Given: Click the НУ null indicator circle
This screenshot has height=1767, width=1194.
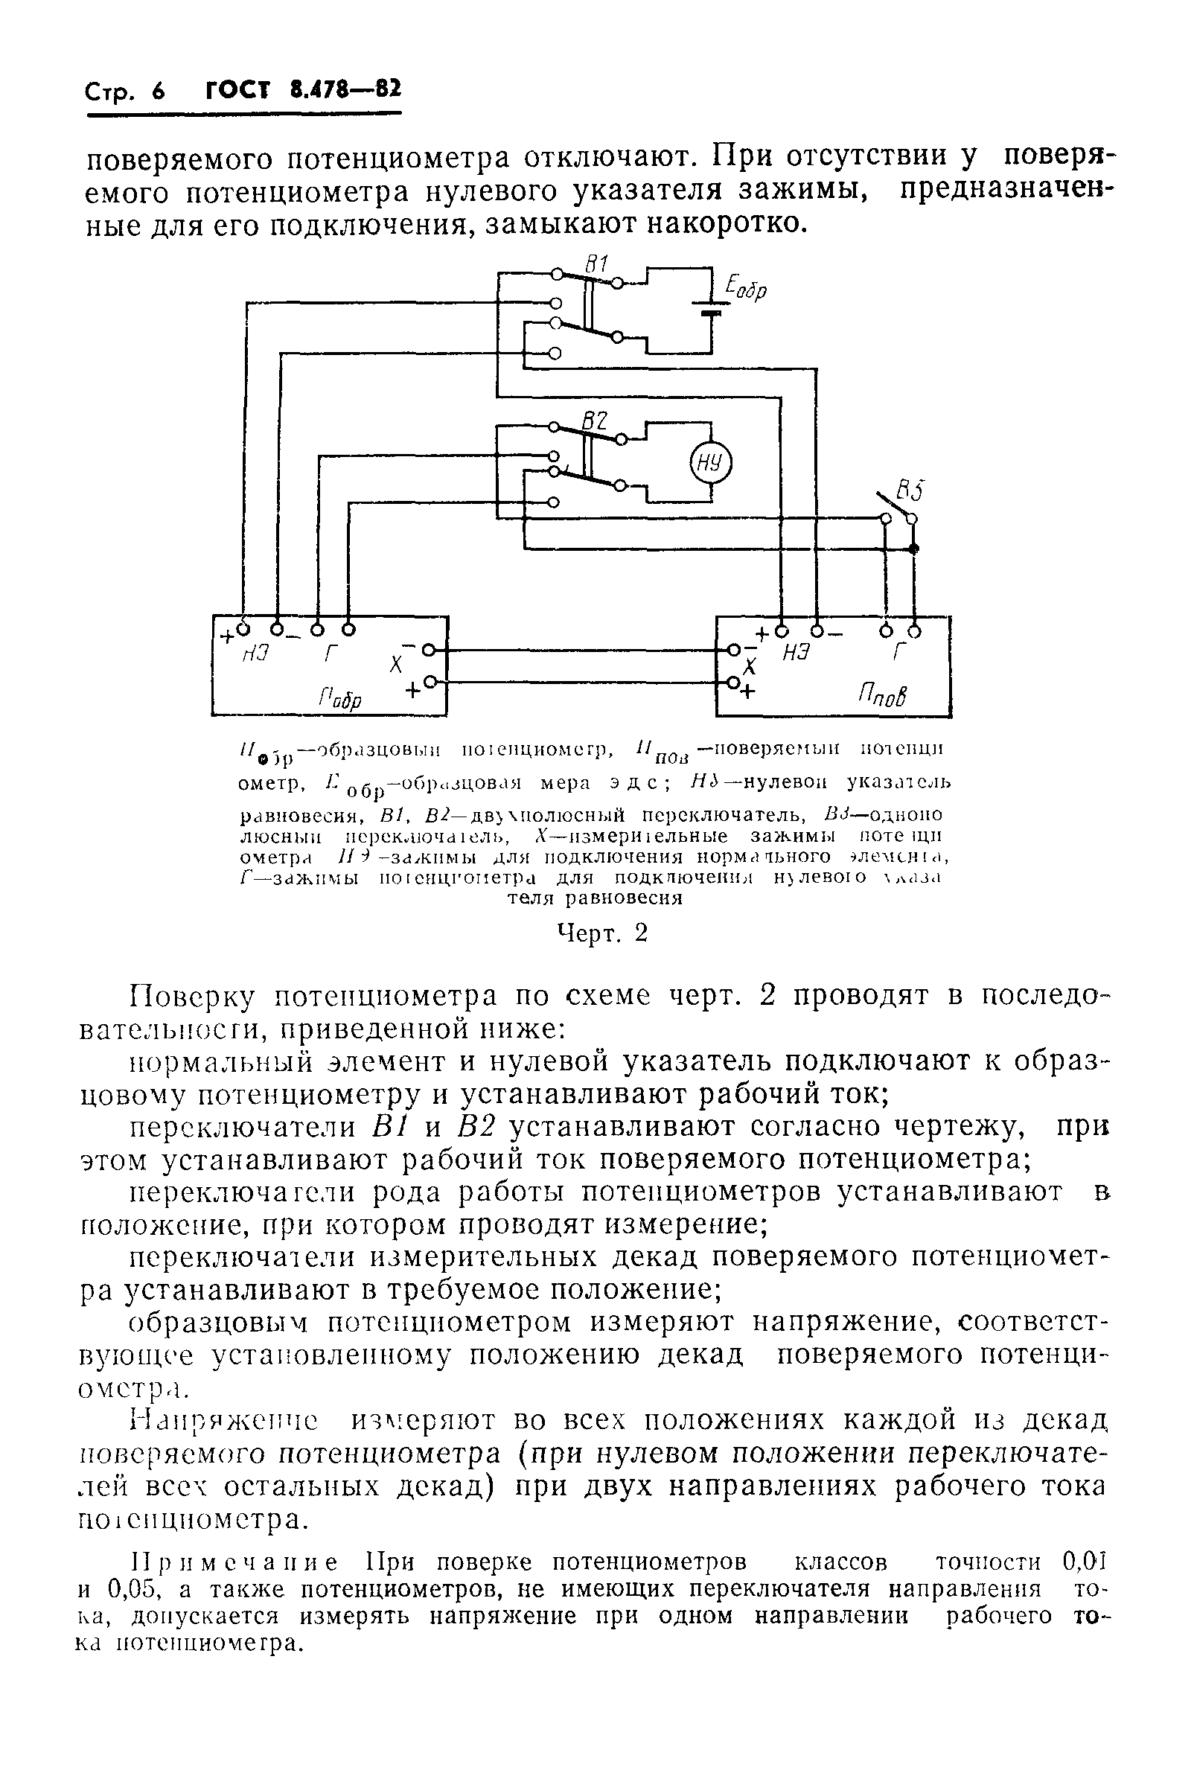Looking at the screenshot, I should pyautogui.click(x=709, y=463).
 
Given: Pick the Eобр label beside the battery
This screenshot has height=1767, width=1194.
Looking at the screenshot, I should pyautogui.click(x=746, y=288).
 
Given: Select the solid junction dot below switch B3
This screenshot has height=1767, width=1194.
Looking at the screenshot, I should pyautogui.click(x=914, y=549).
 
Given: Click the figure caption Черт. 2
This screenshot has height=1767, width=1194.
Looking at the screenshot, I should pyautogui.click(x=601, y=933).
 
